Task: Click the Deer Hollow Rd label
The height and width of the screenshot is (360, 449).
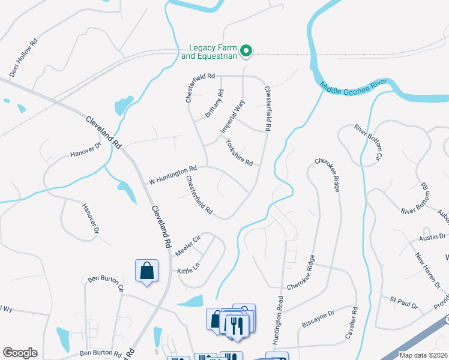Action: (24, 58)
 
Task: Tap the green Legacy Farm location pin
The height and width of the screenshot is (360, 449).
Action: (246, 52)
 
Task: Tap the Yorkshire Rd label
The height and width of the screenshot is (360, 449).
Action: (239, 153)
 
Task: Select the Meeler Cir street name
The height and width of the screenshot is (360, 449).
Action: (187, 245)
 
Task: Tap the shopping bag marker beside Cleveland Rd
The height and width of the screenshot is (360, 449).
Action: (146, 271)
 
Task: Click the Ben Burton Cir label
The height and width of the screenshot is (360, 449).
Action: (106, 283)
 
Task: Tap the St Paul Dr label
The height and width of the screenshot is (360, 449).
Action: (403, 302)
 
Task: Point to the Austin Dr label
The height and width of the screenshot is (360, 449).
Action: (432, 237)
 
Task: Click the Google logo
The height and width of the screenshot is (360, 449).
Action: (20, 353)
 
